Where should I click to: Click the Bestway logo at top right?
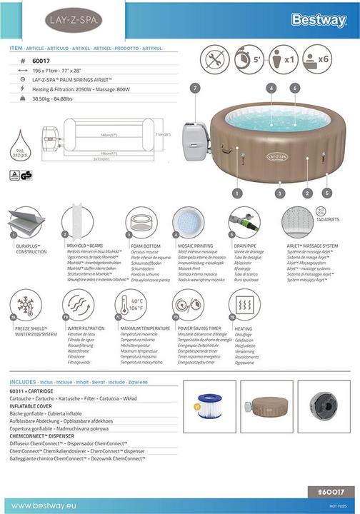[319, 20]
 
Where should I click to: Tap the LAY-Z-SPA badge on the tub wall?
[277, 156]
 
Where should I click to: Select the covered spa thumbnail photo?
[266, 407]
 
